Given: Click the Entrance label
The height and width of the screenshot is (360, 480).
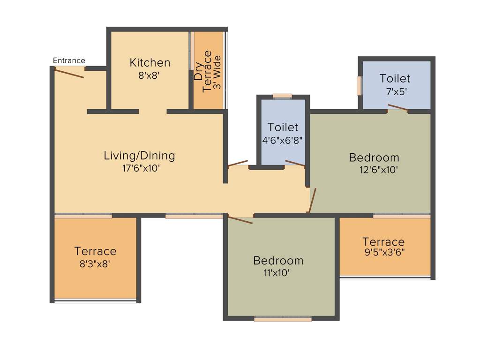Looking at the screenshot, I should click(x=69, y=60).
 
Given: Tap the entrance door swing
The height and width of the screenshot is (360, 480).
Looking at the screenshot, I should click(x=69, y=73).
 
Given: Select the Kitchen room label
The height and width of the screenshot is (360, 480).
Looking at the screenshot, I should click(x=150, y=63).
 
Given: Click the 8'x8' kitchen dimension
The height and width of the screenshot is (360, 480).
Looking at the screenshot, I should click(x=150, y=75).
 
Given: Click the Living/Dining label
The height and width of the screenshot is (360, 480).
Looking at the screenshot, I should click(x=139, y=156).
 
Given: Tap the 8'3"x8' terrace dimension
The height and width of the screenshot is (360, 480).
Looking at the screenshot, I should click(x=95, y=264).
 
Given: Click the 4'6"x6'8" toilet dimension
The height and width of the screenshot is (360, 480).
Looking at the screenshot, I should click(x=283, y=139).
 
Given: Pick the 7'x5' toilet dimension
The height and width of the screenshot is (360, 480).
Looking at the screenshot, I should click(x=395, y=91).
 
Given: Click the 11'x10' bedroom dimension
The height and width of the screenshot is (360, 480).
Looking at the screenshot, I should click(x=278, y=273).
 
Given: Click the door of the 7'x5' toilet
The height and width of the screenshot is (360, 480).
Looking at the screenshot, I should click(x=397, y=108).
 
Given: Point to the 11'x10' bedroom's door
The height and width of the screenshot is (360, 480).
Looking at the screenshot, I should click(x=240, y=219).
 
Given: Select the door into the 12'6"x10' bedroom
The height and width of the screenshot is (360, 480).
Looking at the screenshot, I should click(x=313, y=200).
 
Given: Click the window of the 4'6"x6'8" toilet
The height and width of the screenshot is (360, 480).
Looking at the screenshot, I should click(x=282, y=96).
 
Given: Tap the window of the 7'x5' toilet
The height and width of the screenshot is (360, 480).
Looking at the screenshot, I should click(x=359, y=85).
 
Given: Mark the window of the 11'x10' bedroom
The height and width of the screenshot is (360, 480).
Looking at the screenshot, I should click(x=283, y=319).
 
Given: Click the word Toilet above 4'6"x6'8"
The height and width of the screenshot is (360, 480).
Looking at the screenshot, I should click(x=283, y=127).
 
